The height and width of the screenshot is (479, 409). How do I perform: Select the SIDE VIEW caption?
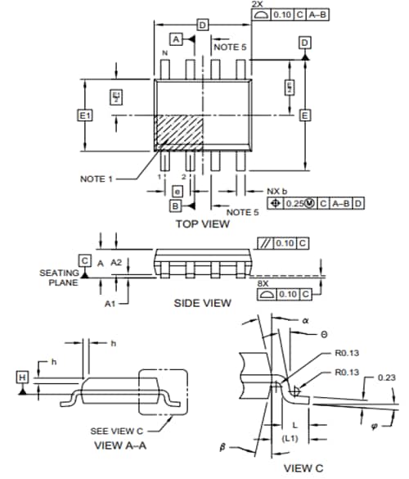pyautogui.click(x=202, y=303)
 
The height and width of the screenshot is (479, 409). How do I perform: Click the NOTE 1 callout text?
pyautogui.click(x=97, y=178)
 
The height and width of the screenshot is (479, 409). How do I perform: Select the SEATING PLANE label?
pyautogui.click(x=59, y=278)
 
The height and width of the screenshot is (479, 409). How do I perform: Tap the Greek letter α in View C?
pyautogui.click(x=303, y=321)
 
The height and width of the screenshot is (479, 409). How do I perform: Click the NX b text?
pyautogui.click(x=279, y=190)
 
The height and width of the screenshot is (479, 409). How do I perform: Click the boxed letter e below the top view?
pyautogui.click(x=178, y=191)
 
